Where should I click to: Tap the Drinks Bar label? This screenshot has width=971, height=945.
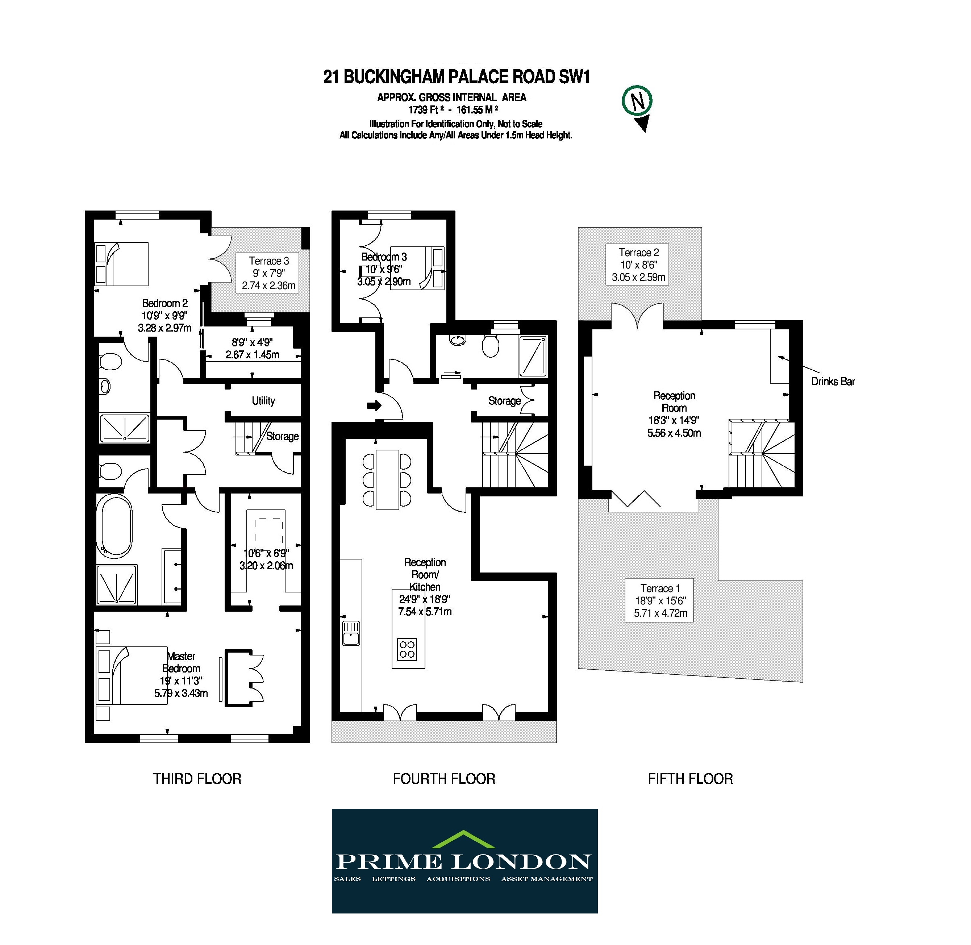[x=833, y=382]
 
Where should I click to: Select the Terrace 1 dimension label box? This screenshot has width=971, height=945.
[x=659, y=600]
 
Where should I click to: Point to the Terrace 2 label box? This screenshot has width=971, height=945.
[x=638, y=265]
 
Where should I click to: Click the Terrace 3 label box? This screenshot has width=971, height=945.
[x=268, y=273]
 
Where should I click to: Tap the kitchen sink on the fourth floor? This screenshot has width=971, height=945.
[x=351, y=633]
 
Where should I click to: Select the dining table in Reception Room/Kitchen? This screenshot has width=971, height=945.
[x=388, y=479]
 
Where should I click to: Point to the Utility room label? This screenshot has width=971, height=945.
[x=263, y=401]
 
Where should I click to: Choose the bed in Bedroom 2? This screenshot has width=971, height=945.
[x=122, y=264]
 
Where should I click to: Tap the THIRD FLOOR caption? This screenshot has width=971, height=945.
[x=197, y=779]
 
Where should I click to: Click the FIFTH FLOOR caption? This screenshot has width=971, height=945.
[x=690, y=779]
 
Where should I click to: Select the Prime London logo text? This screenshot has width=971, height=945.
[x=463, y=862]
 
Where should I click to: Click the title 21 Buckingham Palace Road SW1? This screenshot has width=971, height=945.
[x=457, y=77]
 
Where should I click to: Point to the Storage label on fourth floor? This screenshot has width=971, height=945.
[x=504, y=401]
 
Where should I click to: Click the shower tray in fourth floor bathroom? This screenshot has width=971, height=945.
[x=532, y=356]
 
